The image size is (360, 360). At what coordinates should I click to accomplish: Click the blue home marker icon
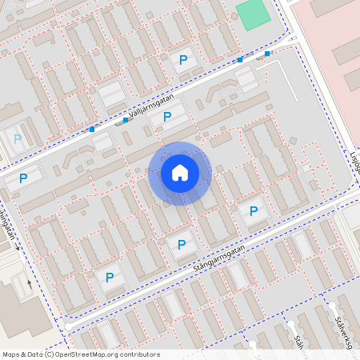180,172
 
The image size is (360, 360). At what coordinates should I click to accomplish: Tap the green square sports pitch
253,14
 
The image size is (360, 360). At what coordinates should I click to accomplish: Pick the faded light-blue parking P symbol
17,138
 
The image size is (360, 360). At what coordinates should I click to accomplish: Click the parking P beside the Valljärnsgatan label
167,118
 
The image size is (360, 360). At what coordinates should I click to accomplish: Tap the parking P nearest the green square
183,60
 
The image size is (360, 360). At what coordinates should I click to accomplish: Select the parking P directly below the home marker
182,245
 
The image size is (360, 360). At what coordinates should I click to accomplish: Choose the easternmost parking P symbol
254,212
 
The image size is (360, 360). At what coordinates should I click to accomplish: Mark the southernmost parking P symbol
110,278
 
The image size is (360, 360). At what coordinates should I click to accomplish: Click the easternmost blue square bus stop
267,54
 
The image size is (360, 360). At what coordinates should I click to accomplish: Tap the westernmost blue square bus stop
92,130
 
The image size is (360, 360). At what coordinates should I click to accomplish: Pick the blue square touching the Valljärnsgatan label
126,121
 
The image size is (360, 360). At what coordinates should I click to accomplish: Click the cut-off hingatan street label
8,224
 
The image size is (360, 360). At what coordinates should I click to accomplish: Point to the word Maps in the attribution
11,354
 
